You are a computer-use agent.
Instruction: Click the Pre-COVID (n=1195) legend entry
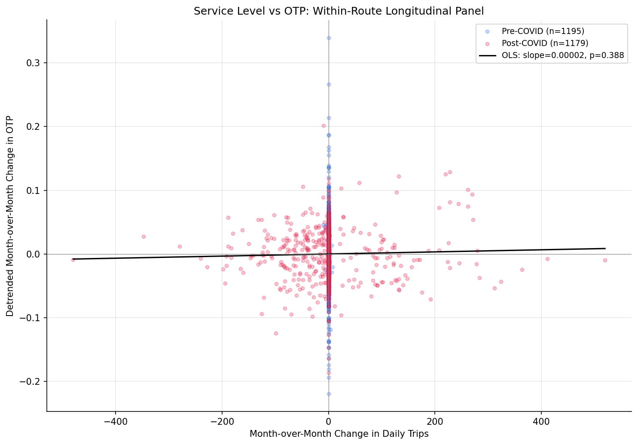click(x=543, y=31)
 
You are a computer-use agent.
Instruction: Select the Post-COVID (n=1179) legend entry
click(x=545, y=43)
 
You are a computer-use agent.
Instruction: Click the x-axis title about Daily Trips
click(x=339, y=434)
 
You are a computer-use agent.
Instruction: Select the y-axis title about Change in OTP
click(x=10, y=216)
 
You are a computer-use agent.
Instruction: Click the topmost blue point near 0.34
click(x=329, y=38)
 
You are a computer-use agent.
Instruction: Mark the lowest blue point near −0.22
click(x=329, y=394)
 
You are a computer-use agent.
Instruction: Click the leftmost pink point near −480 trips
click(x=73, y=260)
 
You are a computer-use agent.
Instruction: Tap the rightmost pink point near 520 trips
click(x=605, y=260)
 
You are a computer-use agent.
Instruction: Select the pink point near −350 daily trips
click(x=143, y=236)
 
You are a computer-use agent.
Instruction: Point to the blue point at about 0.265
click(x=329, y=84)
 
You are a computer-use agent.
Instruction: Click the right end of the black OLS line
click(x=605, y=249)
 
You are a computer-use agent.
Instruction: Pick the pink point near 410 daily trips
click(x=547, y=259)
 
